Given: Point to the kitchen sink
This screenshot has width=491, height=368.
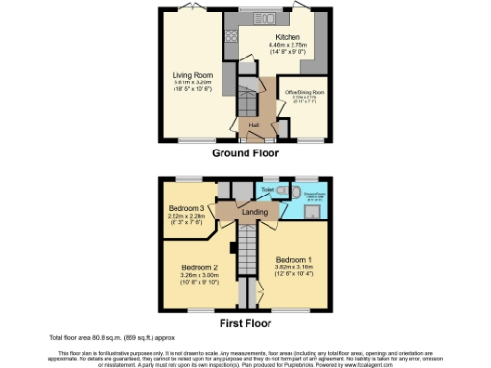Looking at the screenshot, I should click(x=264, y=18).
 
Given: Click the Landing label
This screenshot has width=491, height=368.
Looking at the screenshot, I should click(x=253, y=212).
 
